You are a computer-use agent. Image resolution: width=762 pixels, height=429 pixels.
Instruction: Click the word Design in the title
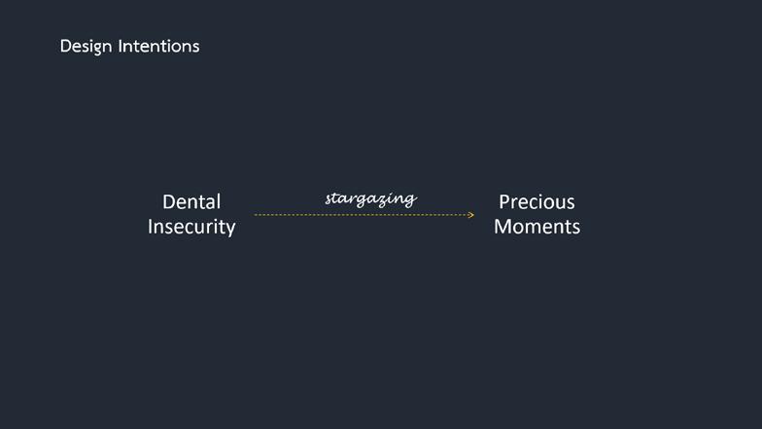click(86, 46)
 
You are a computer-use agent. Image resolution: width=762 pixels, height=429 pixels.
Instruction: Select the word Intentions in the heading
click(159, 46)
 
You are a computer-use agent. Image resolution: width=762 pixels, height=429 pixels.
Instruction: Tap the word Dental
click(191, 202)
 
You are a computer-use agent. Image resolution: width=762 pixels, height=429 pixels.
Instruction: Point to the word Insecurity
click(191, 227)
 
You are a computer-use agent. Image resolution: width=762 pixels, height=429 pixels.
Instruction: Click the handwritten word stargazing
click(370, 198)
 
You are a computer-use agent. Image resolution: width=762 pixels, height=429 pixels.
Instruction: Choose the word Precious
click(537, 202)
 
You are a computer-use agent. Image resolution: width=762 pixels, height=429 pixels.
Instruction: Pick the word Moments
click(537, 227)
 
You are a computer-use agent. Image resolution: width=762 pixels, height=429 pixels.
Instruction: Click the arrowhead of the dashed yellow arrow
click(471, 215)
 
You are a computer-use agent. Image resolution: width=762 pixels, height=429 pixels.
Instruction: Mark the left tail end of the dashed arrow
click(256, 215)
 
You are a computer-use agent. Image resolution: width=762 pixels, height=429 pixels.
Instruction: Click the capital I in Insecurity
click(151, 227)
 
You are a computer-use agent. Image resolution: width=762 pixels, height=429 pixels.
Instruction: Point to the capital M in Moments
click(502, 227)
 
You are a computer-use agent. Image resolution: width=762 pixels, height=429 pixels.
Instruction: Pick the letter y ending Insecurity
click(229, 229)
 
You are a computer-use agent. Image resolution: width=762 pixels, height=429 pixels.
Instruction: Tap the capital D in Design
click(65, 46)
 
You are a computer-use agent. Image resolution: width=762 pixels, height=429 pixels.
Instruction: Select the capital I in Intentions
click(121, 46)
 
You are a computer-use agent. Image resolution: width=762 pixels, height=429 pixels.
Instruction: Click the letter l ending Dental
click(219, 202)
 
